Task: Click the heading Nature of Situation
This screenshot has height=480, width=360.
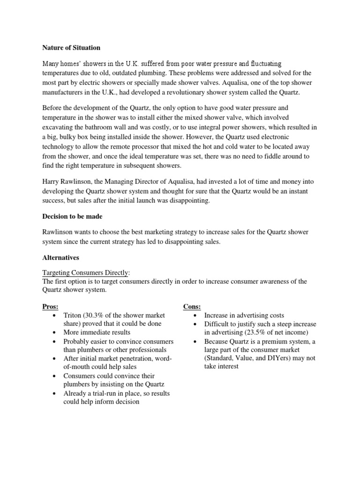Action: (71, 48)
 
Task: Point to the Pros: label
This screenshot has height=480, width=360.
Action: (51, 307)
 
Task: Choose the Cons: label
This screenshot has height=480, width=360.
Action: (192, 307)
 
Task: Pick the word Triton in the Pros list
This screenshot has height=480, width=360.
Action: (72, 315)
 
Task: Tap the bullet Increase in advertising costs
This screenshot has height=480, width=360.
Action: (244, 315)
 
